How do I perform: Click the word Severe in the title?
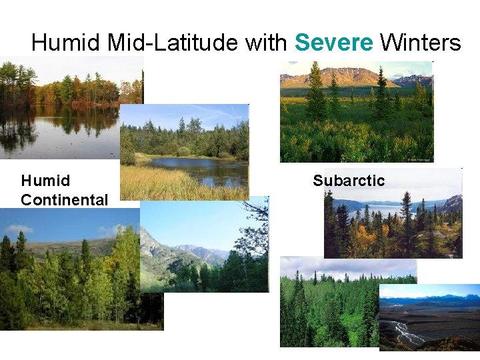pyautogui.click(x=333, y=43)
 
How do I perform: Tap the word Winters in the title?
pyautogui.click(x=420, y=43)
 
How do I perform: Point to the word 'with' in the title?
pyautogui.click(x=266, y=43)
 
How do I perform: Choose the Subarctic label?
pyautogui.click(x=349, y=181)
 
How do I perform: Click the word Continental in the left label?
pyautogui.click(x=64, y=199)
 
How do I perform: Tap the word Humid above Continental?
pyautogui.click(x=45, y=181)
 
